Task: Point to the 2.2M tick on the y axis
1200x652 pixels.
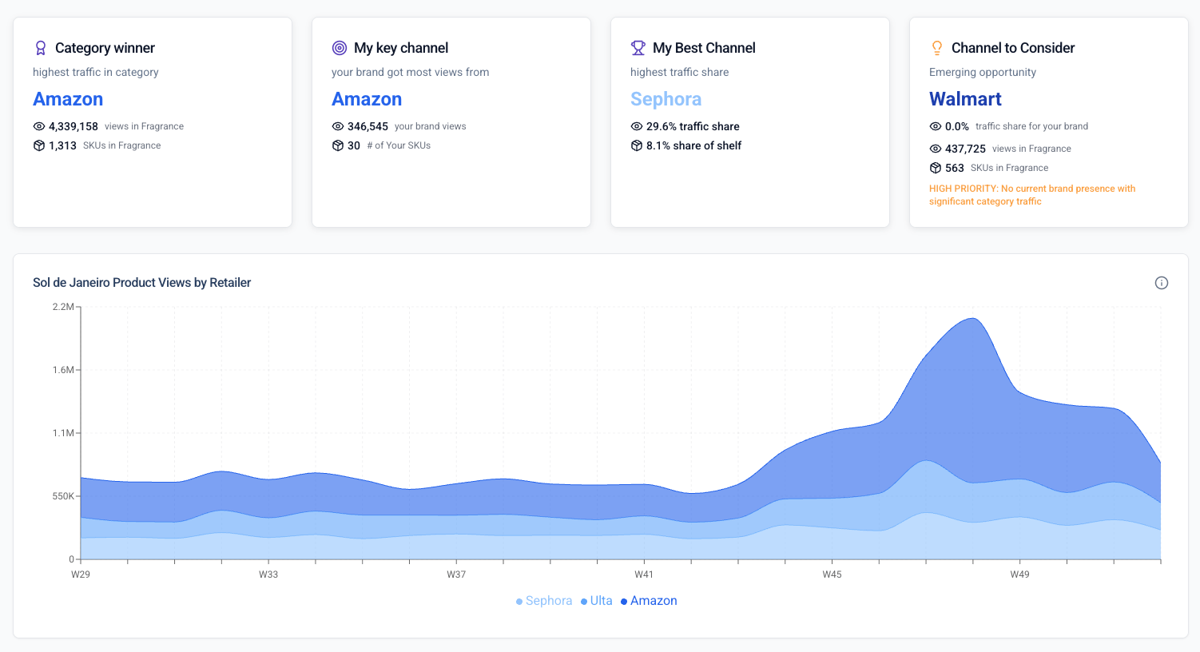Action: [x=63, y=307]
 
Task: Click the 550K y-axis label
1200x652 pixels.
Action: [x=63, y=496]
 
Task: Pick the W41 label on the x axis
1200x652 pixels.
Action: [x=644, y=574]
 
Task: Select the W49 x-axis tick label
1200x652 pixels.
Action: [x=1019, y=574]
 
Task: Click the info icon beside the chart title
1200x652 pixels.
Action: [x=1162, y=283]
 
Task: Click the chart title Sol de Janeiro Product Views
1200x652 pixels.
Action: [x=141, y=283]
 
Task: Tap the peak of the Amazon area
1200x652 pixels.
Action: [x=972, y=319]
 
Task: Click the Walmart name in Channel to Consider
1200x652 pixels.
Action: [x=965, y=99]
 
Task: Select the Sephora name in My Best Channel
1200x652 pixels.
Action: [x=666, y=99]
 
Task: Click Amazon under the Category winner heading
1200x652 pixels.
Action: [x=68, y=99]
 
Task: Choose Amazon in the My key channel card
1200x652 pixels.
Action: [x=367, y=99]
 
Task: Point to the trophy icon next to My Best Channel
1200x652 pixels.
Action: [x=638, y=48]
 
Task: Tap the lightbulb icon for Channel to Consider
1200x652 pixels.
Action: [x=937, y=48]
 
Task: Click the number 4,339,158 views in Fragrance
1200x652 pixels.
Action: [x=74, y=126]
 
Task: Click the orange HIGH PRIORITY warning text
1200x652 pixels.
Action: [x=1031, y=195]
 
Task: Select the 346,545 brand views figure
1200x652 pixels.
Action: [x=368, y=126]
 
